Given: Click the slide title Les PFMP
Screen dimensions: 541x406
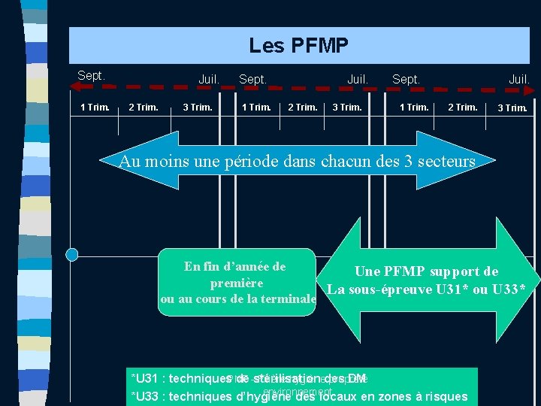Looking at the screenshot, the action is pos(298,46).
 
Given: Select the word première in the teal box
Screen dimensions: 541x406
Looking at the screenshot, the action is pos(237,283).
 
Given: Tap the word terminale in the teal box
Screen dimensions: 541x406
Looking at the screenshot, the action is pos(287,299).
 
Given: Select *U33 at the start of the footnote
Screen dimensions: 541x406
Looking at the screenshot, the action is pos(144,397).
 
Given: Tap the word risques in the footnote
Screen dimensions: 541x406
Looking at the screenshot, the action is pos(446,397).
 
